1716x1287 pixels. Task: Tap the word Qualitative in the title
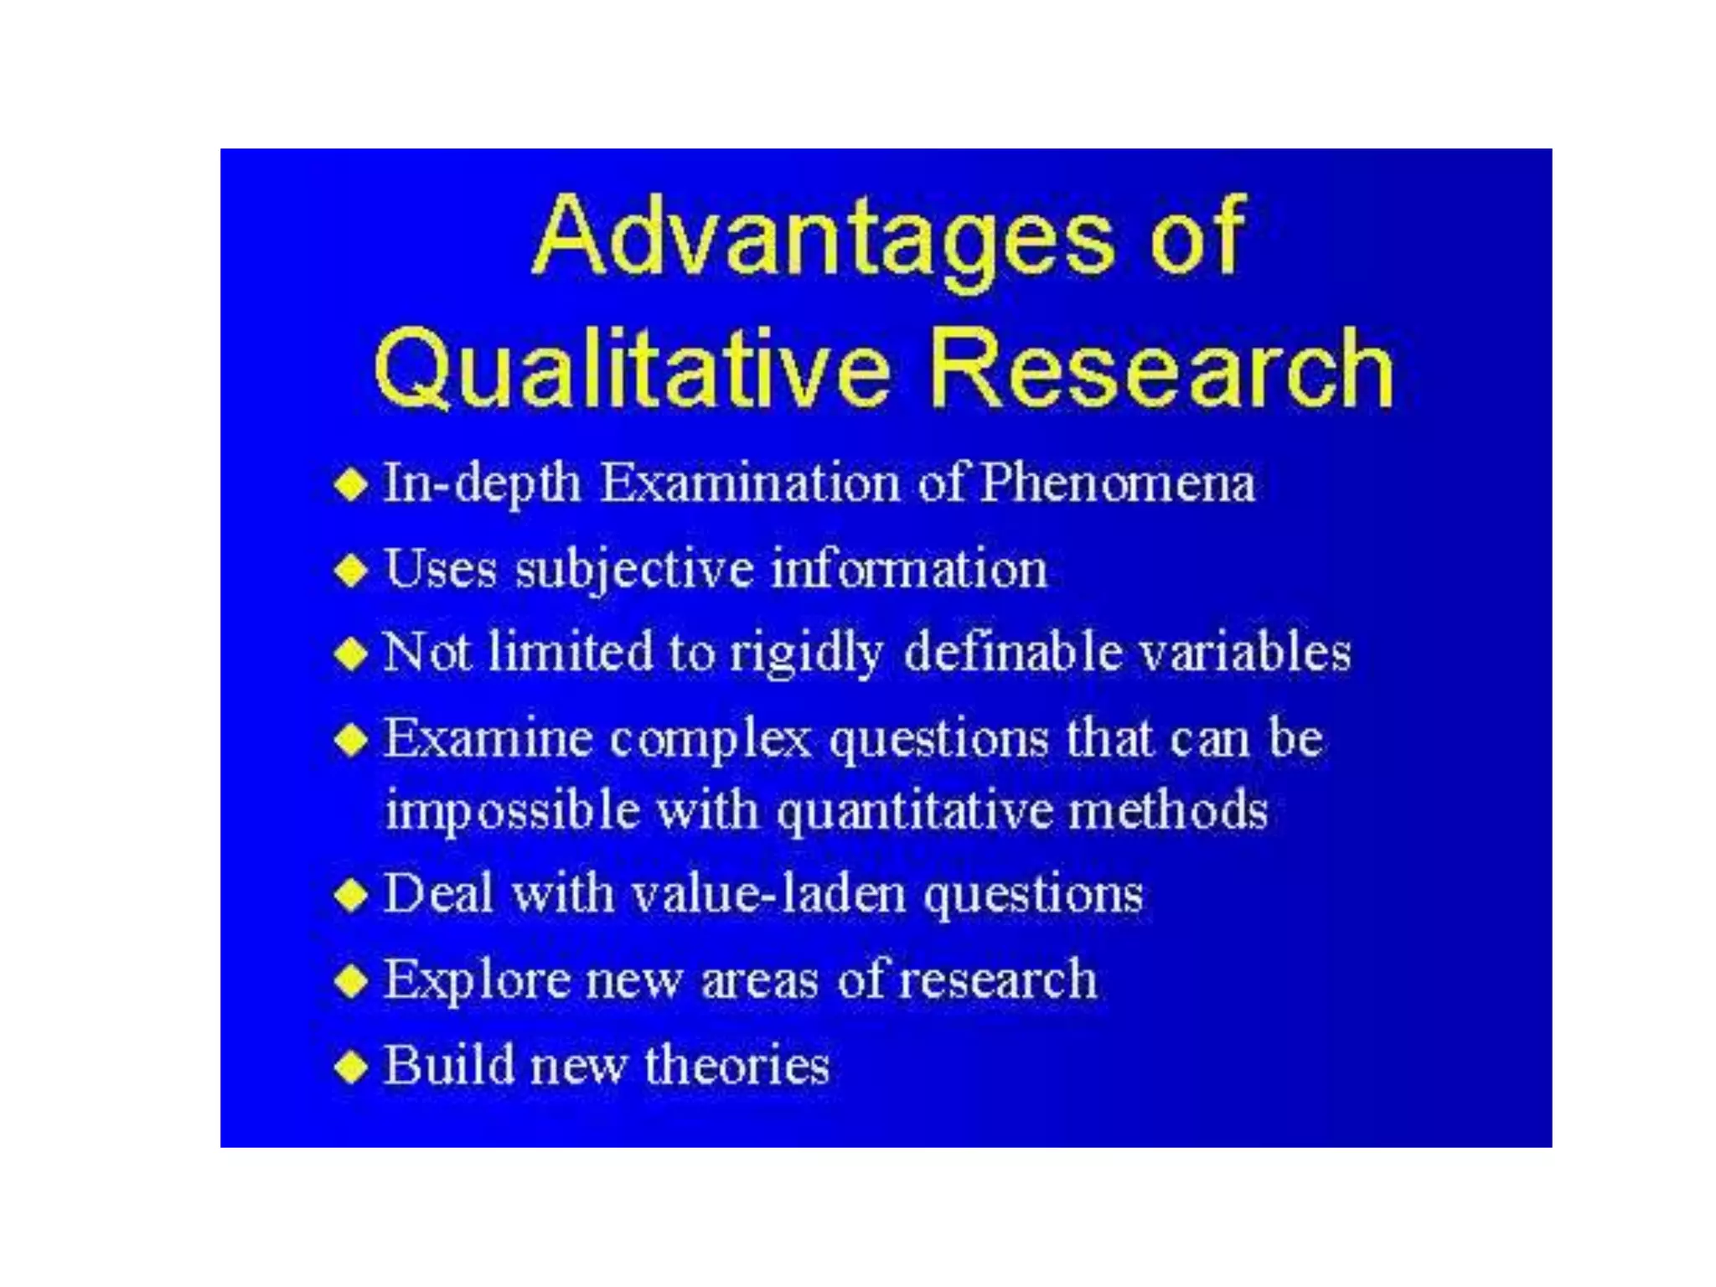630,369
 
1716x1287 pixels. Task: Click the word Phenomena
1117,483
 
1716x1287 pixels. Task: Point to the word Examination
750,483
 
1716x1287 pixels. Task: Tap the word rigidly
805,654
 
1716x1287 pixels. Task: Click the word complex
711,741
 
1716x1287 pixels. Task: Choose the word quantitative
913,811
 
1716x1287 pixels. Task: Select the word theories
737,1065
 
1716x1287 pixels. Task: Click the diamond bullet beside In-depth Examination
351,484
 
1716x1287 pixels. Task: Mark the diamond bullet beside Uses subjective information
351,570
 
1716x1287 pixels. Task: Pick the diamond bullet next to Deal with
351,894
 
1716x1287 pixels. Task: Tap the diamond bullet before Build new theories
351,1067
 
